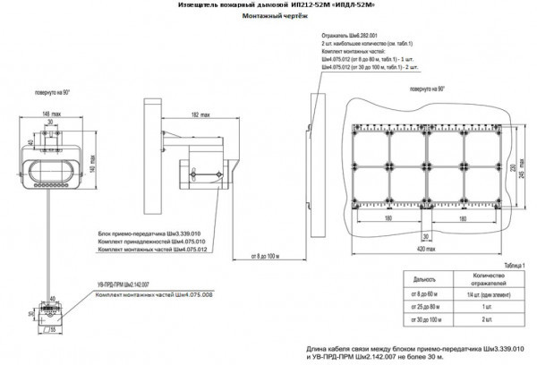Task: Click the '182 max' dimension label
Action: (200, 115)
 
